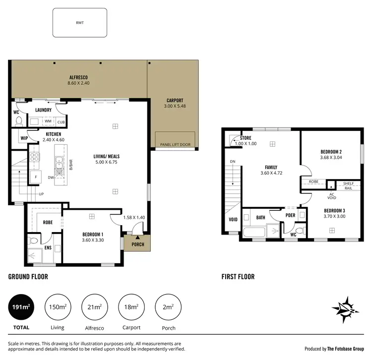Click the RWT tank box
tap(79, 23)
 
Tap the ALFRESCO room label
tap(78, 77)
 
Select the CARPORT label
tap(174, 101)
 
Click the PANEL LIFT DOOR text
tap(175, 145)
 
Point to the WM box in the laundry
tap(48, 121)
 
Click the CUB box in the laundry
tap(61, 121)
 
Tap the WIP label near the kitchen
tap(24, 138)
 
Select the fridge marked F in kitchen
tap(36, 177)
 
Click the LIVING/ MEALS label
tap(107, 156)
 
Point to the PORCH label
tap(137, 244)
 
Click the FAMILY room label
tap(271, 167)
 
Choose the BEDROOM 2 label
tap(331, 152)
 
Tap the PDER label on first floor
tap(291, 215)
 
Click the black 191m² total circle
tap(21, 307)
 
